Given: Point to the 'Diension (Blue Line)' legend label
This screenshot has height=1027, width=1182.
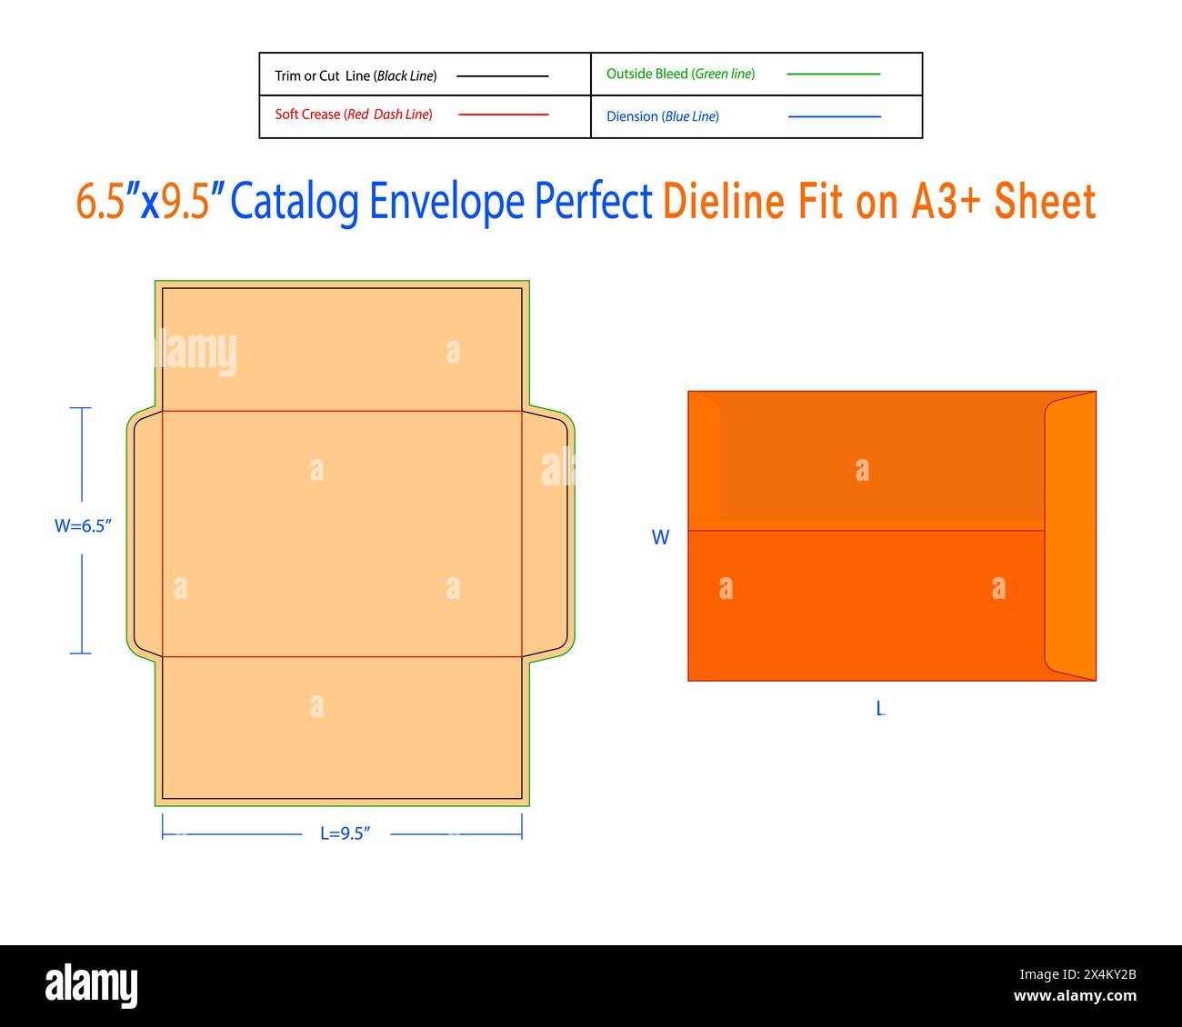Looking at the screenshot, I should (x=662, y=116).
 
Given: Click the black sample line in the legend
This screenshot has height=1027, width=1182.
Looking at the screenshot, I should (x=502, y=76).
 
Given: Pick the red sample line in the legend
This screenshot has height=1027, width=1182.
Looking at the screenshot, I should (x=503, y=115).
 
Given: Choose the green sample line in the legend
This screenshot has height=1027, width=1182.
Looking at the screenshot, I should (x=833, y=74).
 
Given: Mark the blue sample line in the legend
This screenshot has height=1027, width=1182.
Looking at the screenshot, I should (x=834, y=116).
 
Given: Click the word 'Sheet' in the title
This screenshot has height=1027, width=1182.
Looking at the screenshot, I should (x=1045, y=202).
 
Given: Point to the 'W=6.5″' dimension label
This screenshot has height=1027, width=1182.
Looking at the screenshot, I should (x=83, y=526).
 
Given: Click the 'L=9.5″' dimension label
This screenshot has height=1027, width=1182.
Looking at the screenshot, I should (x=345, y=833).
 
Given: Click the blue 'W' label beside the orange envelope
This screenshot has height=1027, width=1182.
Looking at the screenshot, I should (x=660, y=537).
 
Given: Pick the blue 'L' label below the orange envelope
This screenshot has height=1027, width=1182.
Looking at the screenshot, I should (x=880, y=708).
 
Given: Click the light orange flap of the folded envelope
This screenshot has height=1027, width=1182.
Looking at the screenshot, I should (x=1071, y=536).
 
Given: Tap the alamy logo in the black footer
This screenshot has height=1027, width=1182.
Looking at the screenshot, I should (x=92, y=985).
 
